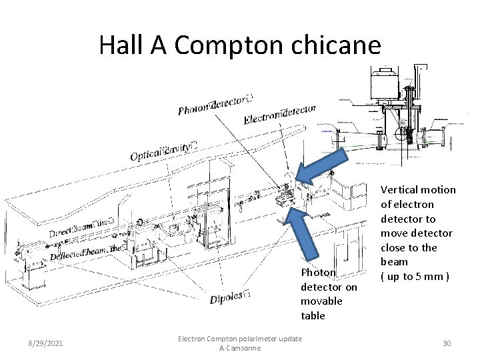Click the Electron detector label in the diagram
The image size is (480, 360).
280,113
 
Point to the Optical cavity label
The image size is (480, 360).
164,151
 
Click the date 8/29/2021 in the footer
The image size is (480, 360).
45,343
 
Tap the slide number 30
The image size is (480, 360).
447,343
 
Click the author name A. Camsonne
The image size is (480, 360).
240,349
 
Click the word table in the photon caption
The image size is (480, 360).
313,316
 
